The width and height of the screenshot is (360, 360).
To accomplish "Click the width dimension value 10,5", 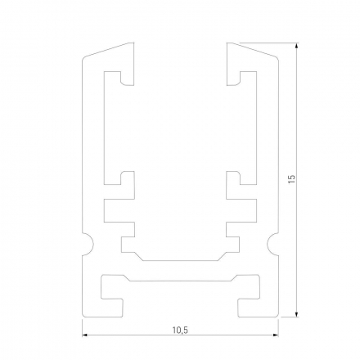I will [x=180, y=330].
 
